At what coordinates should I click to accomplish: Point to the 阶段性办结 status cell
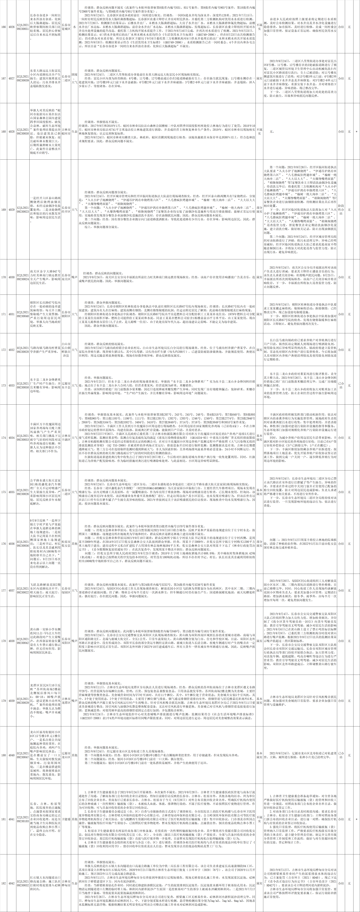pyautogui.click(x=341, y=210)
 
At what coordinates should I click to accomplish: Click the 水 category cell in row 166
pyautogui.click(x=75, y=27)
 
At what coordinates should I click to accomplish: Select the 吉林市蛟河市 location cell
pyautogui.click(x=65, y=131)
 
